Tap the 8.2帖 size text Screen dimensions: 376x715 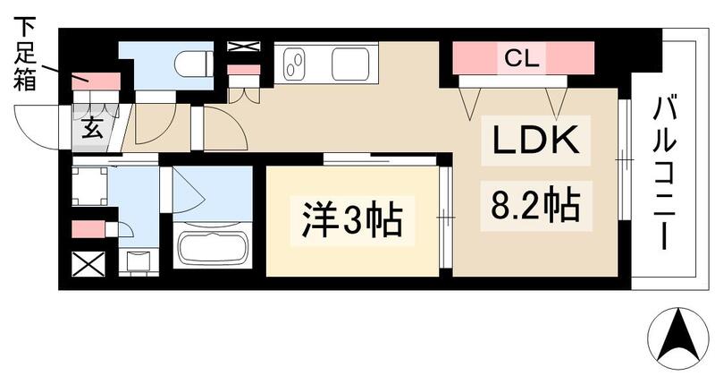click(x=534, y=206)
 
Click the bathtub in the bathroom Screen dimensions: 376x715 click(x=213, y=247)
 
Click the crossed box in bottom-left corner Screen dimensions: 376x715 click(x=86, y=264)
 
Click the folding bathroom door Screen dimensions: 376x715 click(x=190, y=189)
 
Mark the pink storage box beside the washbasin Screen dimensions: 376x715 click(x=88, y=229)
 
